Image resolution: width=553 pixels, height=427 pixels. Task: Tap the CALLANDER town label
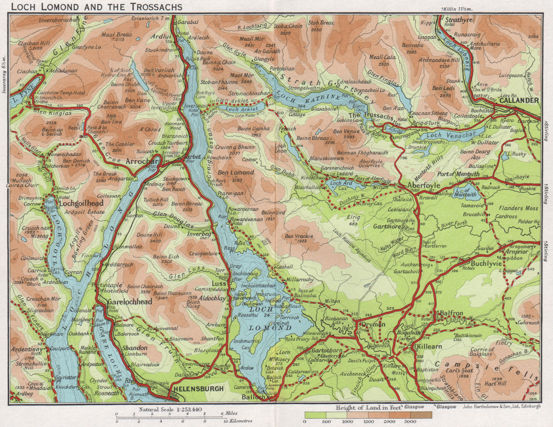pos(519,100)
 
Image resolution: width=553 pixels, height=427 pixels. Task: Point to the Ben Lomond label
pos(236,172)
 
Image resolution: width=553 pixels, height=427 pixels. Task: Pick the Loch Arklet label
pos(242,109)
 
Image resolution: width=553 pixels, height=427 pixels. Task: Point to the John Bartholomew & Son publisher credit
pos(502,407)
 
